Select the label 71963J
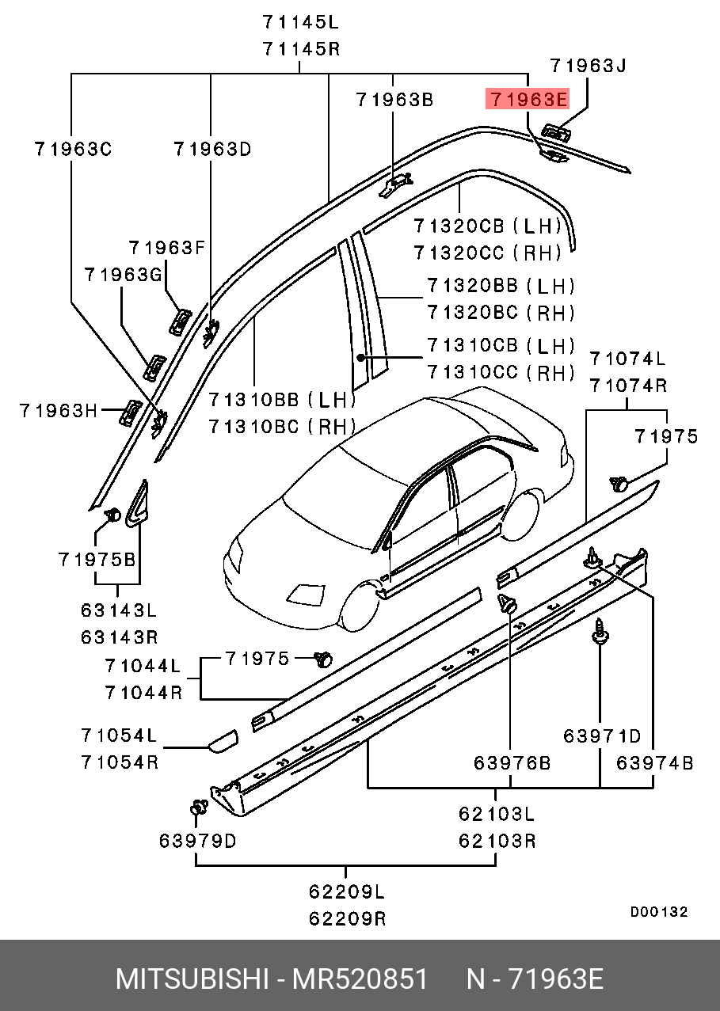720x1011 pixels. click(588, 66)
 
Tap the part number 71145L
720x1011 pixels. click(301, 21)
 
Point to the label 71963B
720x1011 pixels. click(394, 100)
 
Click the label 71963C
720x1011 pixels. click(72, 148)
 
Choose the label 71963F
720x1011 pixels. click(167, 248)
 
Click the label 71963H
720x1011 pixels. click(59, 410)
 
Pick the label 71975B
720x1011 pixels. click(97, 559)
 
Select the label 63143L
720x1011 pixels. click(119, 610)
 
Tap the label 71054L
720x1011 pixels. click(119, 735)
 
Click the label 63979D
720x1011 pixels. click(197, 840)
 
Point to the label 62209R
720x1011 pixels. click(347, 918)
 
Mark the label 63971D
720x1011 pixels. click(602, 736)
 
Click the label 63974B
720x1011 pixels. click(655, 762)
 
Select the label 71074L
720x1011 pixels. click(627, 359)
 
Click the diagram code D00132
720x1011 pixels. click(659, 912)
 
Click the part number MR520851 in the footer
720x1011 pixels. click(360, 979)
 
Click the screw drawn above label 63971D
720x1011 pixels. click(600, 632)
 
